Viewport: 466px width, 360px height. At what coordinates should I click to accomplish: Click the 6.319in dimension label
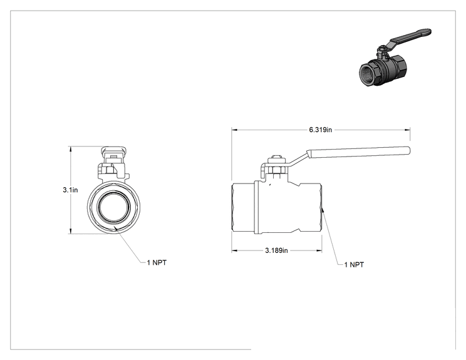[321, 130]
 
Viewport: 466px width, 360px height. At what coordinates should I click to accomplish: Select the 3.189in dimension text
[276, 250]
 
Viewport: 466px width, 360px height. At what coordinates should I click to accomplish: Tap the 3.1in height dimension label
[70, 190]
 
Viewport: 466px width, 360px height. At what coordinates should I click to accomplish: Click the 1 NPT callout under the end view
[157, 262]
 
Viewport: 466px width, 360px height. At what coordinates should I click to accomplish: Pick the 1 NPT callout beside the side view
[354, 265]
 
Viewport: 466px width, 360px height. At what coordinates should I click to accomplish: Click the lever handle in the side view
[358, 152]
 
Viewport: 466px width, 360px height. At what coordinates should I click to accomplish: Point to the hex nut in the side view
[276, 170]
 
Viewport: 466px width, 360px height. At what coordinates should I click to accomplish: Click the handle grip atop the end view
[113, 152]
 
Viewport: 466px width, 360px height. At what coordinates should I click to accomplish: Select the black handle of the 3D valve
[410, 36]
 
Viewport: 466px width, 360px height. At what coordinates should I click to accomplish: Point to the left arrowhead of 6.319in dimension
[234, 130]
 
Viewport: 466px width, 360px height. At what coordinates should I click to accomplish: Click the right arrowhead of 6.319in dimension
[408, 130]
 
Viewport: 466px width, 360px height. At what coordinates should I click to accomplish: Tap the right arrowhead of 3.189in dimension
[319, 250]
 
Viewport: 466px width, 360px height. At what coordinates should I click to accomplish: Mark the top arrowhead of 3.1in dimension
[70, 149]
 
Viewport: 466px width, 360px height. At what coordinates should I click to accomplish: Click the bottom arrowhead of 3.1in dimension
[70, 231]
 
